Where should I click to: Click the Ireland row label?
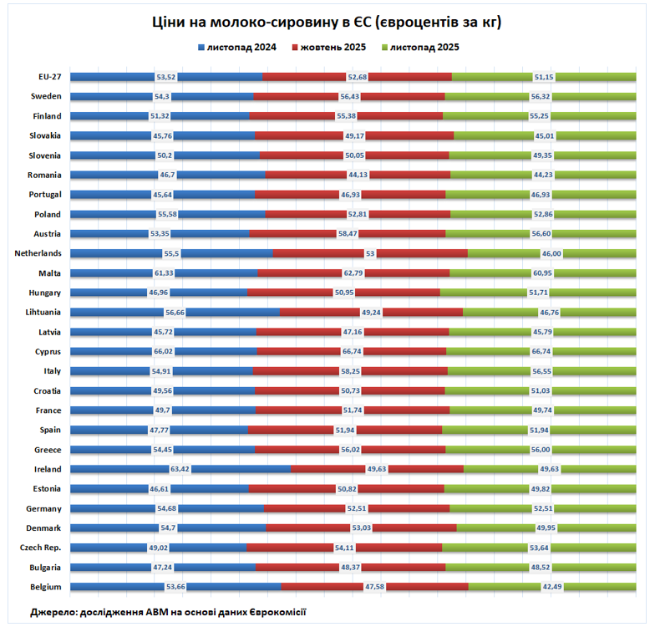(47, 469)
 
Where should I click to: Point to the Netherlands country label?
(38, 253)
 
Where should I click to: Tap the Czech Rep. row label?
(41, 548)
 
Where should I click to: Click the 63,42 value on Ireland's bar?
(180, 469)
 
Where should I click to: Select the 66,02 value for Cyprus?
(164, 352)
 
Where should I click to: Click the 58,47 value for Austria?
(348, 234)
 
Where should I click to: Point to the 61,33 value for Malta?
(164, 273)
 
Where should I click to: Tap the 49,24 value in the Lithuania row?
(371, 313)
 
